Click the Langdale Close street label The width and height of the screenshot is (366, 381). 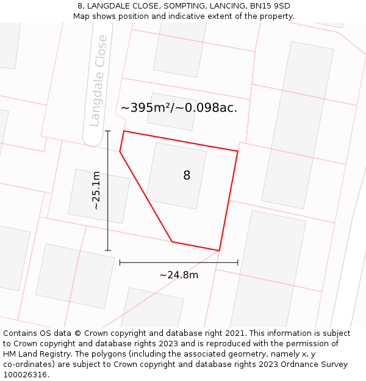tap(98, 80)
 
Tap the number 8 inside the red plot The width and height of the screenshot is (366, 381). tap(187, 176)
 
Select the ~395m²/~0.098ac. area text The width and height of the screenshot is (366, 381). tap(179, 108)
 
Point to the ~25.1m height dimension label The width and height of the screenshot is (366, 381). tap(96, 190)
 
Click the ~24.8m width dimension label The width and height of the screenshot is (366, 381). tap(179, 275)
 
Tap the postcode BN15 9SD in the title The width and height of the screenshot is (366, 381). tap(270, 6)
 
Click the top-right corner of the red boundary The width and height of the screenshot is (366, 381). tap(238, 151)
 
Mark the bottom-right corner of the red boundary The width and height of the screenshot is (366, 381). tap(219, 250)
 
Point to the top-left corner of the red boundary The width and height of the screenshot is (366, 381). tap(124, 131)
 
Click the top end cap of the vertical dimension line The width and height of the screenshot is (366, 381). tap(108, 131)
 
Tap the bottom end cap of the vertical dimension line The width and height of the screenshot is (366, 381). tap(108, 250)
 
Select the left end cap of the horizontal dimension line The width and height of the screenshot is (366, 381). tap(120, 263)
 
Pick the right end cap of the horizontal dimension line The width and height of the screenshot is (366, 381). tap(238, 263)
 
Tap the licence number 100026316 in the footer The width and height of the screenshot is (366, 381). tap(24, 375)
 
